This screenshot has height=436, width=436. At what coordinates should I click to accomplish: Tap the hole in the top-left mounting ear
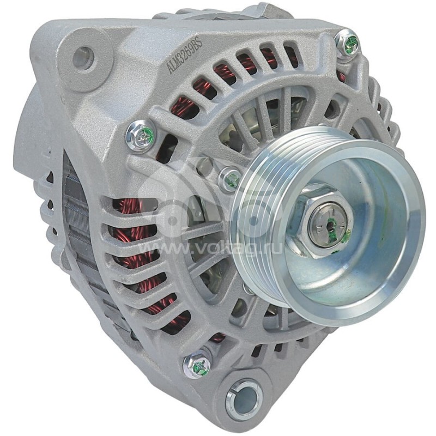pyautogui.click(x=83, y=58)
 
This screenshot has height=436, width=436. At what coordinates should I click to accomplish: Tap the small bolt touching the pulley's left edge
pyautogui.click(x=231, y=178)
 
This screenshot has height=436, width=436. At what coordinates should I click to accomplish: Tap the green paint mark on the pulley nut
pyautogui.click(x=345, y=235)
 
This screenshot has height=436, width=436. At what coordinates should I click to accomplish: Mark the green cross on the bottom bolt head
pyautogui.click(x=201, y=366)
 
